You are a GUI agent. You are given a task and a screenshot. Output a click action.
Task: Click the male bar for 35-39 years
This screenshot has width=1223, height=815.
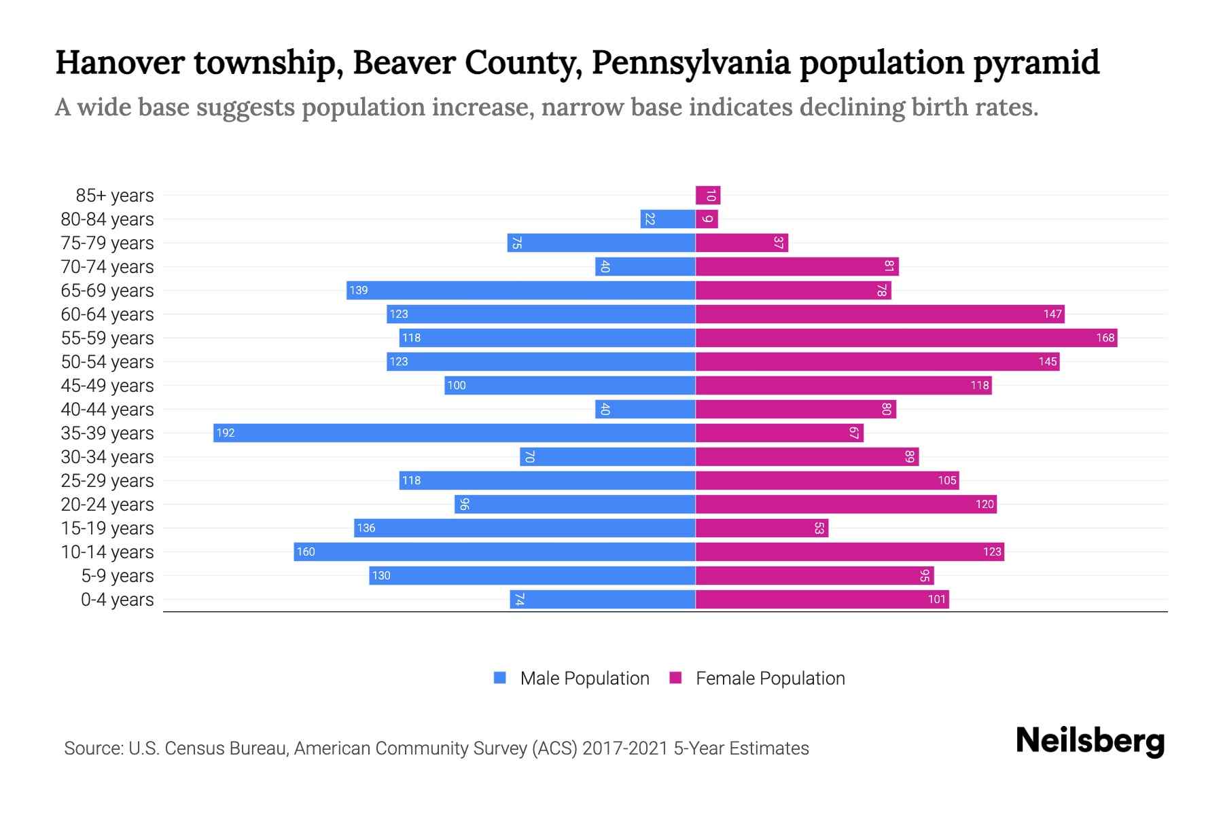[454, 433]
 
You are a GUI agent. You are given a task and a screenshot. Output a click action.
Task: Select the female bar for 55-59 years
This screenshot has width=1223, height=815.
[906, 338]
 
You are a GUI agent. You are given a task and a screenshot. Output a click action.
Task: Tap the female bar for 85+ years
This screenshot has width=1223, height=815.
[707, 196]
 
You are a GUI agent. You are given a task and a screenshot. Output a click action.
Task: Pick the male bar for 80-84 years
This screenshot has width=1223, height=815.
[667, 219]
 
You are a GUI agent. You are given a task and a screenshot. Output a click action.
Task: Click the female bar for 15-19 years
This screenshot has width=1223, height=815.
[762, 528]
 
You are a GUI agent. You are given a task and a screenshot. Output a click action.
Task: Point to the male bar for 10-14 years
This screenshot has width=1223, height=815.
[494, 551]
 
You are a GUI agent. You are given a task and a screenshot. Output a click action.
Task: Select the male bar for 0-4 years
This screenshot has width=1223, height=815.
[602, 599]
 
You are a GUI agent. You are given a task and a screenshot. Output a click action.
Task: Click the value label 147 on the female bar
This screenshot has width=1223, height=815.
[1052, 314]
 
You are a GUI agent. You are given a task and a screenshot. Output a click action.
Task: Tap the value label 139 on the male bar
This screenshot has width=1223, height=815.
[358, 290]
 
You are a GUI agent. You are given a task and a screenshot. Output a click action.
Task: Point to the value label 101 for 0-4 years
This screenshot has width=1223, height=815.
[936, 599]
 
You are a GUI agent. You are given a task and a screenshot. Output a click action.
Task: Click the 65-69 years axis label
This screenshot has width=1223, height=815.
[107, 290]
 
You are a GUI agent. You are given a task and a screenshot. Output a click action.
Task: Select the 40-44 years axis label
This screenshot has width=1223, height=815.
[107, 409]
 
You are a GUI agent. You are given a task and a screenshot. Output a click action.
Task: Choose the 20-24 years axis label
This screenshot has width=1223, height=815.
[107, 504]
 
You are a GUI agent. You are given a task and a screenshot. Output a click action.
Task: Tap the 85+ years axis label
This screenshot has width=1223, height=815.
[115, 196]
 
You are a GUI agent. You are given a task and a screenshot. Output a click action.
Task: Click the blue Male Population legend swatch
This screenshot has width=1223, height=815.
[500, 678]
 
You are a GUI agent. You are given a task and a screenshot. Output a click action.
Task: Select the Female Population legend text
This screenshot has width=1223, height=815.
[770, 678]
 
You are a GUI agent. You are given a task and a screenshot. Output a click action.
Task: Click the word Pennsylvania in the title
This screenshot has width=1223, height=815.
[690, 62]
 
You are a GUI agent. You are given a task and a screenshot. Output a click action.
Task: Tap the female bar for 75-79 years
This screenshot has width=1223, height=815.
[741, 242]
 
